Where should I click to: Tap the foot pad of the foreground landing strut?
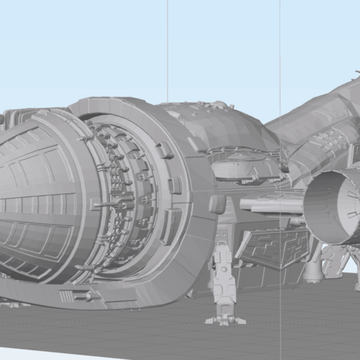pyautogui.click(x=224, y=320)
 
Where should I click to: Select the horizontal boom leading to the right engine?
pyautogui.click(x=270, y=205)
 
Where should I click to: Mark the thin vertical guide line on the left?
pyautogui.click(x=167, y=45)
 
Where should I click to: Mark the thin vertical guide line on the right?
pyautogui.click(x=280, y=45)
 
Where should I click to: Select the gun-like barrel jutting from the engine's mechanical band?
pyautogui.click(x=105, y=204)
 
